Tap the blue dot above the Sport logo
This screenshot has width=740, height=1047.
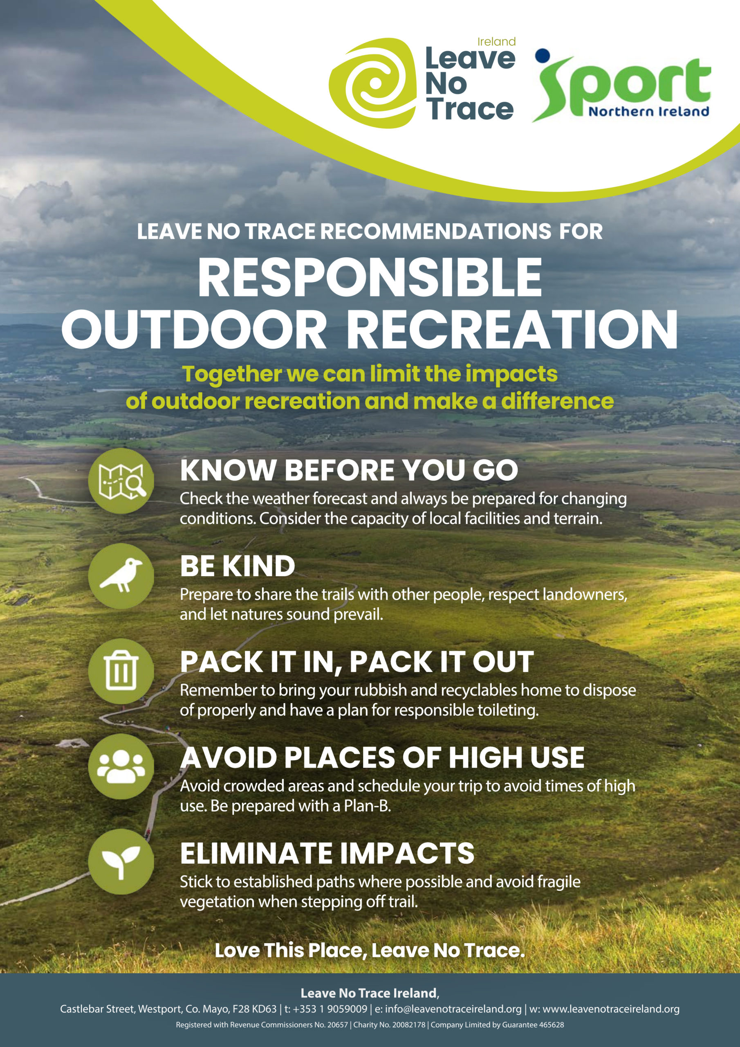coord(542,55)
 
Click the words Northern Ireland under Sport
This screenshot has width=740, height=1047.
coord(648,112)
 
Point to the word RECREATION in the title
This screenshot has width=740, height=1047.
coord(515,329)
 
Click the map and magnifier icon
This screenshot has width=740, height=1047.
coord(121,481)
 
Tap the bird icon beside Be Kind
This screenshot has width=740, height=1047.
coord(121,576)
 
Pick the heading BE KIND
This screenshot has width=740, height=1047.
coord(238,566)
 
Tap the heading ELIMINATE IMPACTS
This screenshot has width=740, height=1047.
coord(327,853)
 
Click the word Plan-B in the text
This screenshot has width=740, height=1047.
coord(367,806)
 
